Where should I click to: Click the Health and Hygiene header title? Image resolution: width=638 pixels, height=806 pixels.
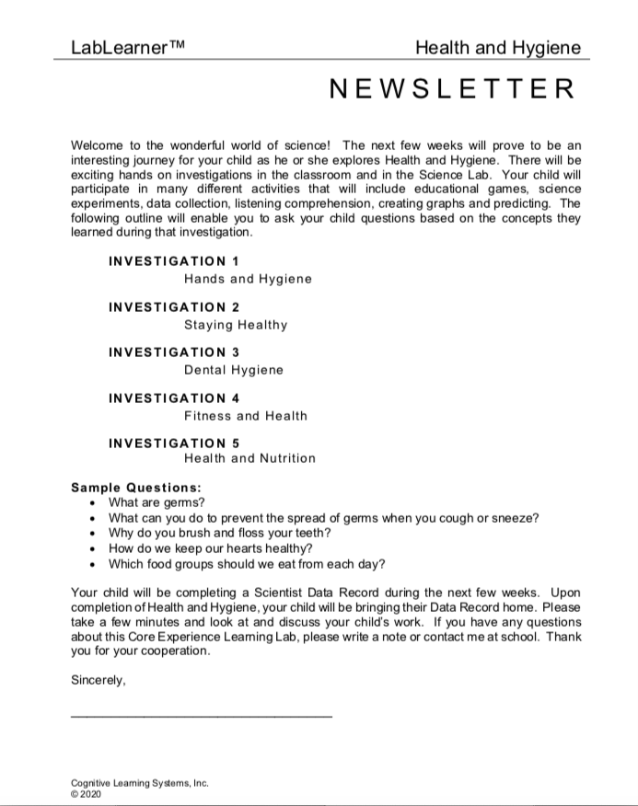pyautogui.click(x=498, y=48)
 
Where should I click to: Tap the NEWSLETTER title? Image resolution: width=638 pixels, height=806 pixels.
pyautogui.click(x=452, y=89)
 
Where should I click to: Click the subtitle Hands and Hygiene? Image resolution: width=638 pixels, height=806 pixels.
pyautogui.click(x=248, y=279)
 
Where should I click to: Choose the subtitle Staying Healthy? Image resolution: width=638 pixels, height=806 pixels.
pyautogui.click(x=236, y=325)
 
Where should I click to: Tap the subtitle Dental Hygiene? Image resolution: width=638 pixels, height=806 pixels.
pyautogui.click(x=234, y=370)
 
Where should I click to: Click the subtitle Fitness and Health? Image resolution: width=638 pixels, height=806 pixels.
pyautogui.click(x=246, y=416)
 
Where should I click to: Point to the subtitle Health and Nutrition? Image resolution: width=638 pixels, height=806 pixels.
pyautogui.click(x=249, y=458)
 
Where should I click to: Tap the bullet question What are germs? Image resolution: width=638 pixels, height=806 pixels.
pyautogui.click(x=157, y=502)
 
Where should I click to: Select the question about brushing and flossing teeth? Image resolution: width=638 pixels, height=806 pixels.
pyautogui.click(x=220, y=534)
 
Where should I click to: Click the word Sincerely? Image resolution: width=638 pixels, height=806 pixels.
pyautogui.click(x=98, y=682)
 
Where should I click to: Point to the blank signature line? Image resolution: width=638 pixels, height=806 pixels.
pyautogui.click(x=202, y=715)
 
